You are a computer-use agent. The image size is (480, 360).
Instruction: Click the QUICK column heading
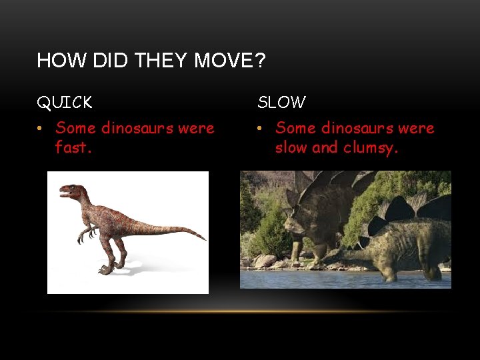point(65,103)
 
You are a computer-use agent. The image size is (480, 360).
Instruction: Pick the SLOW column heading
point(281,103)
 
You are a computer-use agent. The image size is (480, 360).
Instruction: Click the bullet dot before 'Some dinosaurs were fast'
point(41,128)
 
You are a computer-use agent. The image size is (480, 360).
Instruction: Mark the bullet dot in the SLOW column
point(261,128)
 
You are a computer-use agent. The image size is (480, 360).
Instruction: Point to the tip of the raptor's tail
point(203,238)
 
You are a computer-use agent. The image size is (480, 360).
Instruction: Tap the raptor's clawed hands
point(83,235)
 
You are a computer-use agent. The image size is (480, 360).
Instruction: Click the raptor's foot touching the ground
point(107,269)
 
